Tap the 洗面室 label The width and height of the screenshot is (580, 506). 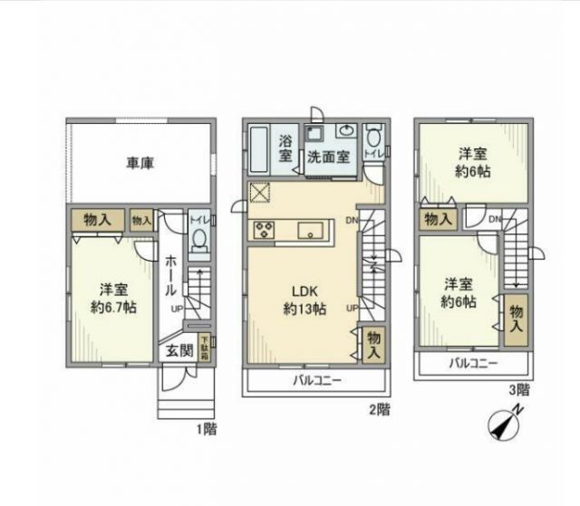point(327,156)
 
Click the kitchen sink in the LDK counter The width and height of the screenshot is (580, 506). point(309,229)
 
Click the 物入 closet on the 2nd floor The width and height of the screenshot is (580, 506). point(372,345)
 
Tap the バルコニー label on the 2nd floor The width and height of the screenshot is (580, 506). point(316,381)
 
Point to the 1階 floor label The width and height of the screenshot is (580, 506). point(207,428)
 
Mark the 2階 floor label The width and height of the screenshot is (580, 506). point(379,409)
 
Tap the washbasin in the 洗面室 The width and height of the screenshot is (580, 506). point(345,131)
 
